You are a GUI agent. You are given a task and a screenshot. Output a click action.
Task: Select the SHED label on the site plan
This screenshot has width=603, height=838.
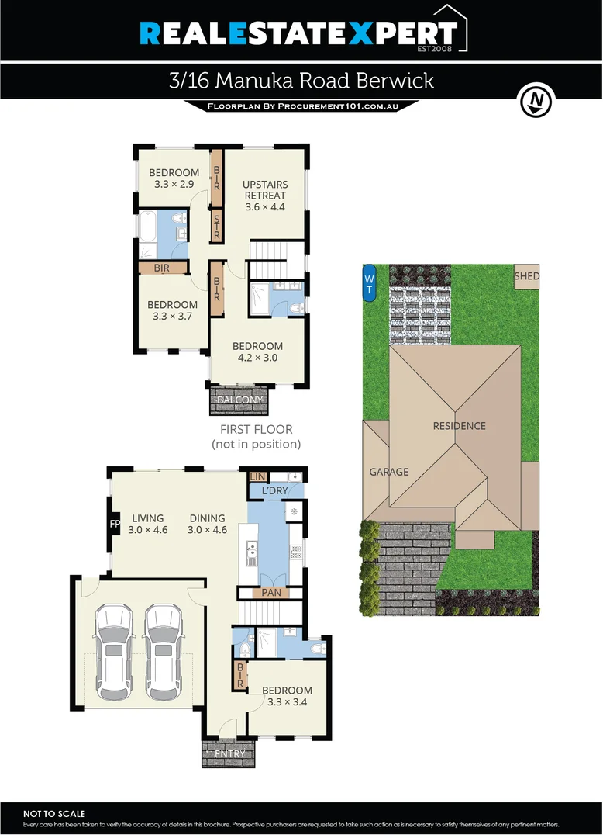(526, 276)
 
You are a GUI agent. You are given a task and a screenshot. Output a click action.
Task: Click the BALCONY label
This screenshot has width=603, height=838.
(239, 400)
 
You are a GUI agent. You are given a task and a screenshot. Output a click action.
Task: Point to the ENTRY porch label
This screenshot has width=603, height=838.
(229, 753)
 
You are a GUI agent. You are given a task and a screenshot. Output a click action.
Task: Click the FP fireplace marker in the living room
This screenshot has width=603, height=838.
(115, 524)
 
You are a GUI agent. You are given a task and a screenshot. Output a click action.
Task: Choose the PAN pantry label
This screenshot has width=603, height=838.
(271, 593)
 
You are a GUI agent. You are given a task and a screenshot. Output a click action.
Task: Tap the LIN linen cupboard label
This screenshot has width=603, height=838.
(257, 476)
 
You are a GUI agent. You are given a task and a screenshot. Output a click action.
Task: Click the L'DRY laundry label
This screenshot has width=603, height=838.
(274, 492)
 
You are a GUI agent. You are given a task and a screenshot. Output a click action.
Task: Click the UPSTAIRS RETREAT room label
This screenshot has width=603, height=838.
(265, 190)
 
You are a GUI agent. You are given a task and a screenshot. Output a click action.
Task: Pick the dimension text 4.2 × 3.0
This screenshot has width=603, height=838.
(257, 358)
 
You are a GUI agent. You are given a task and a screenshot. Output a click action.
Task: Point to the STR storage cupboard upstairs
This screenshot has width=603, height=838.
(217, 225)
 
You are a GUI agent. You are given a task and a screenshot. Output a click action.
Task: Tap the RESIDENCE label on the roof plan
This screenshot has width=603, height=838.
(459, 425)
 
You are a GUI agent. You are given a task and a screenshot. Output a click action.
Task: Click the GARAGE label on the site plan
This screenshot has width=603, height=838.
(388, 471)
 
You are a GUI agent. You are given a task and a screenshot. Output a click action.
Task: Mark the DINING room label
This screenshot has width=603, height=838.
(207, 518)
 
